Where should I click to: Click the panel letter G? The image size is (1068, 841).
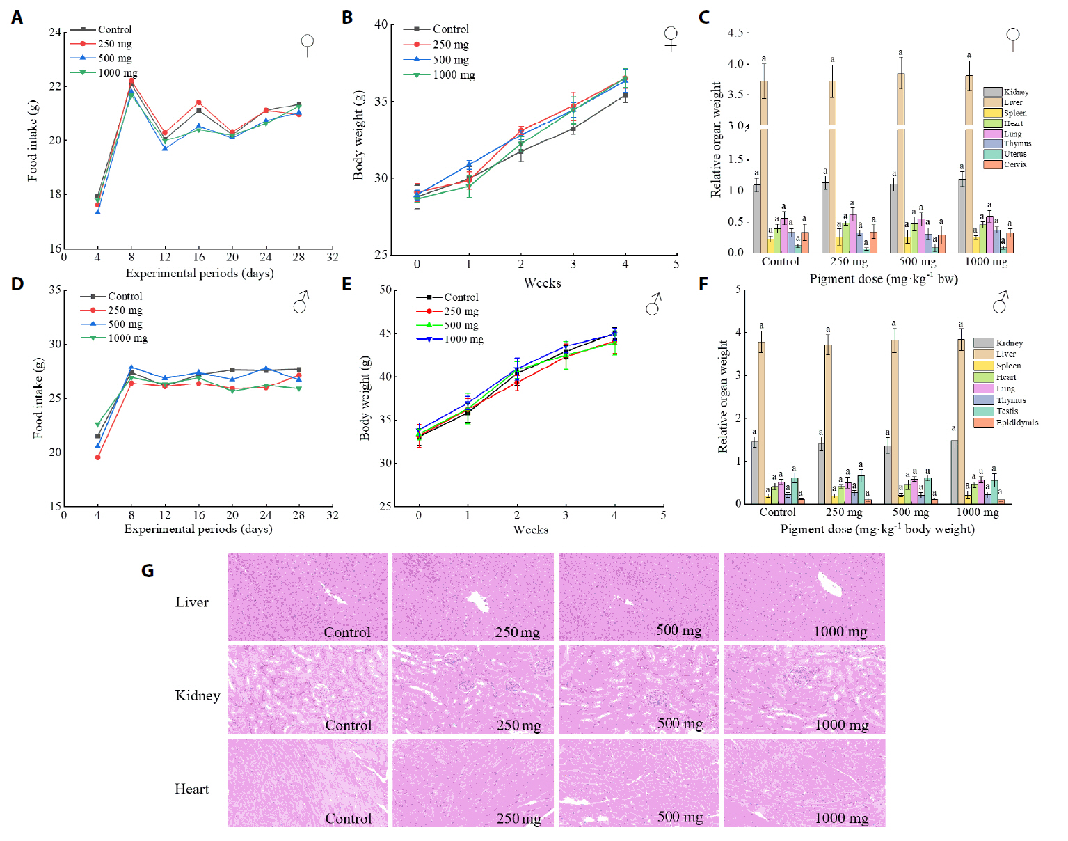(x=148, y=571)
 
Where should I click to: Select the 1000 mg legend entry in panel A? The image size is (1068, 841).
(x=117, y=73)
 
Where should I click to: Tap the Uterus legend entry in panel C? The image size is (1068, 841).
(x=1014, y=154)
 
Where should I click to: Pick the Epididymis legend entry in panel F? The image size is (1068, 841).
(x=1016, y=423)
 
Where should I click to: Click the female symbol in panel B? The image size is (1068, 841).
(x=671, y=38)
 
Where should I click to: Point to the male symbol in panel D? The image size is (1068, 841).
(x=301, y=303)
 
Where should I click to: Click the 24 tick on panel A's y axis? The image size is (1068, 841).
(x=55, y=32)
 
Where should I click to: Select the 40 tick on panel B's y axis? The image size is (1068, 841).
(x=381, y=24)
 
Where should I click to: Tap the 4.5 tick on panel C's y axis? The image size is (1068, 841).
(x=735, y=33)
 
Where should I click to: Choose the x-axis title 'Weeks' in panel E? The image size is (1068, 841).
(x=530, y=530)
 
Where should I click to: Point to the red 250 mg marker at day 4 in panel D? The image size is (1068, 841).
(x=97, y=457)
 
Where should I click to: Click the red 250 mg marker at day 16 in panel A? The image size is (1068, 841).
(x=199, y=102)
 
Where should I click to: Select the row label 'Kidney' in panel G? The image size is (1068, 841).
(x=197, y=695)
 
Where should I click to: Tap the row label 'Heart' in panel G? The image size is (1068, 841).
(x=191, y=789)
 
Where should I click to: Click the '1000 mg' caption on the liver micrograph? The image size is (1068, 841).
(x=840, y=631)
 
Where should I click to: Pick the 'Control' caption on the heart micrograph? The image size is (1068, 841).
(x=348, y=818)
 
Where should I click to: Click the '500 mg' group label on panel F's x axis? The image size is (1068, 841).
(x=911, y=512)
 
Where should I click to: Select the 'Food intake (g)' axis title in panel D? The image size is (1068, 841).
(x=38, y=398)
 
